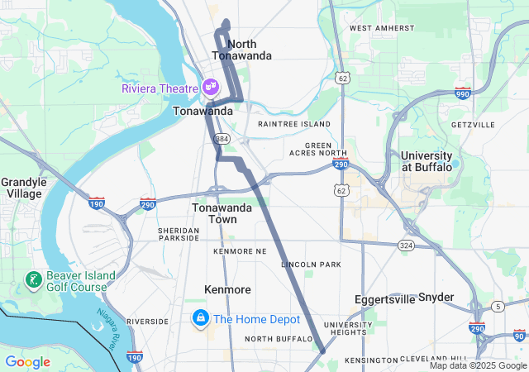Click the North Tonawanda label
coord(241,50)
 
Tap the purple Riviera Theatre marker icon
coord(210,86)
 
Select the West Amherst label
coord(382,28)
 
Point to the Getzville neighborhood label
coord(473,125)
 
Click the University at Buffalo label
coord(427,161)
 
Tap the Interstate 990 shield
coord(463,93)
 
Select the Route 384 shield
coord(221,138)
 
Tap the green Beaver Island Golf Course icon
coord(34,280)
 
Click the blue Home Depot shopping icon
coord(201,318)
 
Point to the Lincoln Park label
coord(311,265)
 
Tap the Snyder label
coord(436,297)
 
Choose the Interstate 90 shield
coord(519,335)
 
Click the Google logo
coord(27,362)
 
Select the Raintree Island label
coord(293,124)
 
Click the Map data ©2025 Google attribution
coord(478,365)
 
